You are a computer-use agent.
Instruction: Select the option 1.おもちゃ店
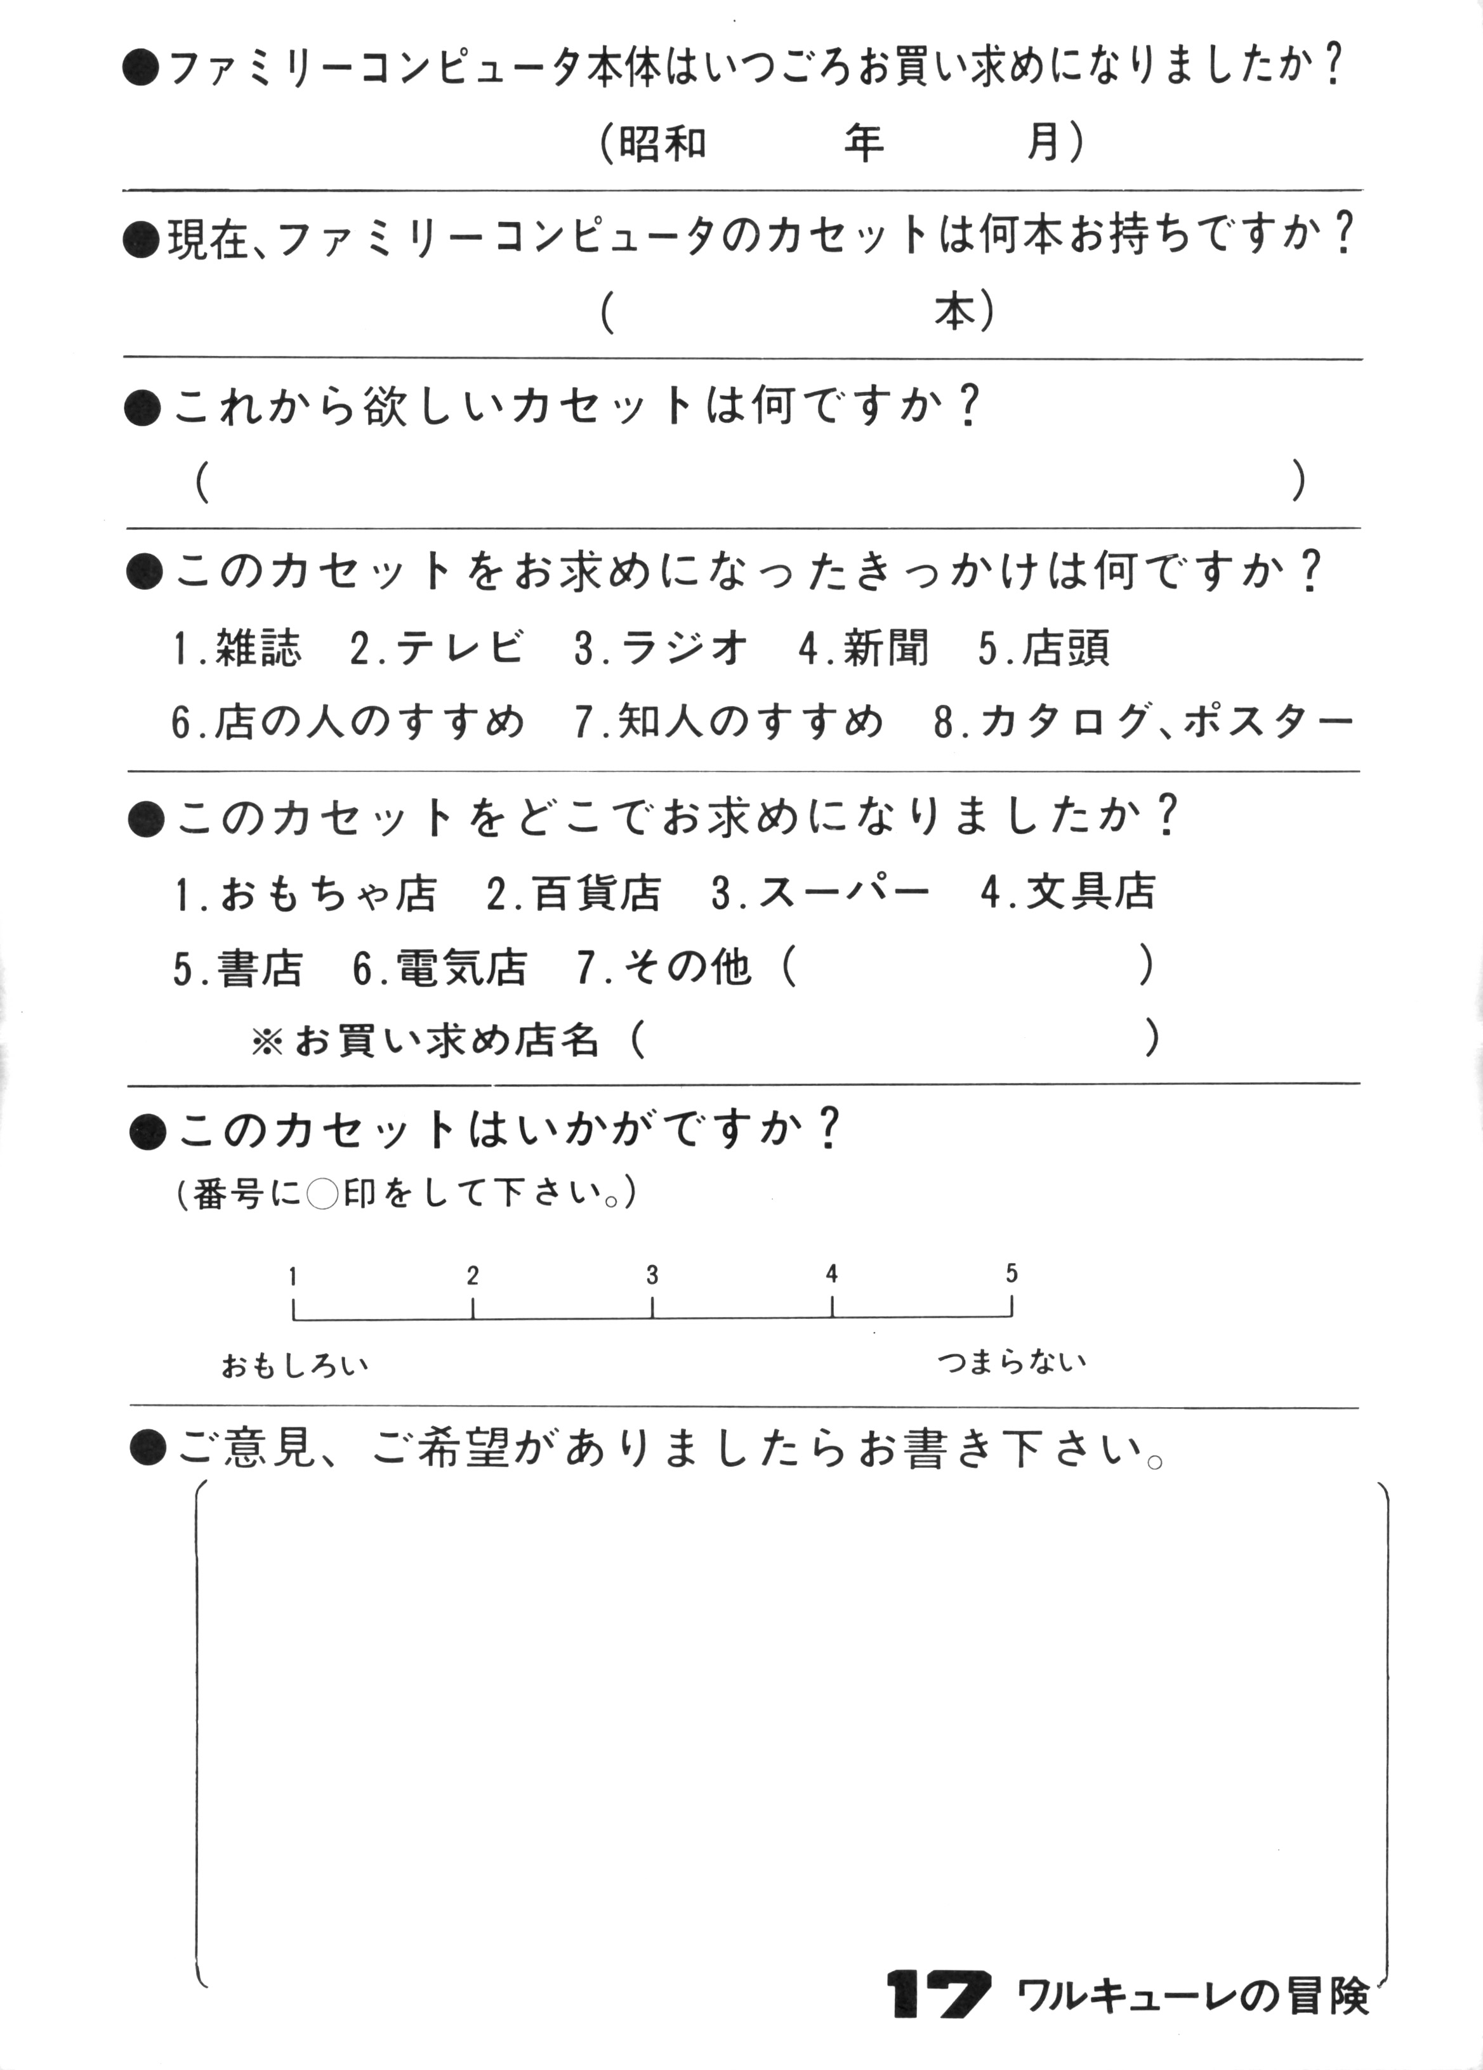pyautogui.click(x=306, y=892)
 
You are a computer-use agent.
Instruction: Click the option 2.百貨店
pyautogui.click(x=574, y=892)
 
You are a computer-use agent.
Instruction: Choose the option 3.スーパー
pyautogui.click(x=821, y=892)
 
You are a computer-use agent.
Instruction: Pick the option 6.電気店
pyautogui.click(x=440, y=967)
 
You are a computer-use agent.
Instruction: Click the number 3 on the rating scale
pyautogui.click(x=652, y=1275)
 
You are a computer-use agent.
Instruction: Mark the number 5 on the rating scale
pyautogui.click(x=1012, y=1273)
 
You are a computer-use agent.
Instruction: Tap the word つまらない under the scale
pyautogui.click(x=1012, y=1363)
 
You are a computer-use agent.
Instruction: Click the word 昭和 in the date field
pyautogui.click(x=663, y=143)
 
